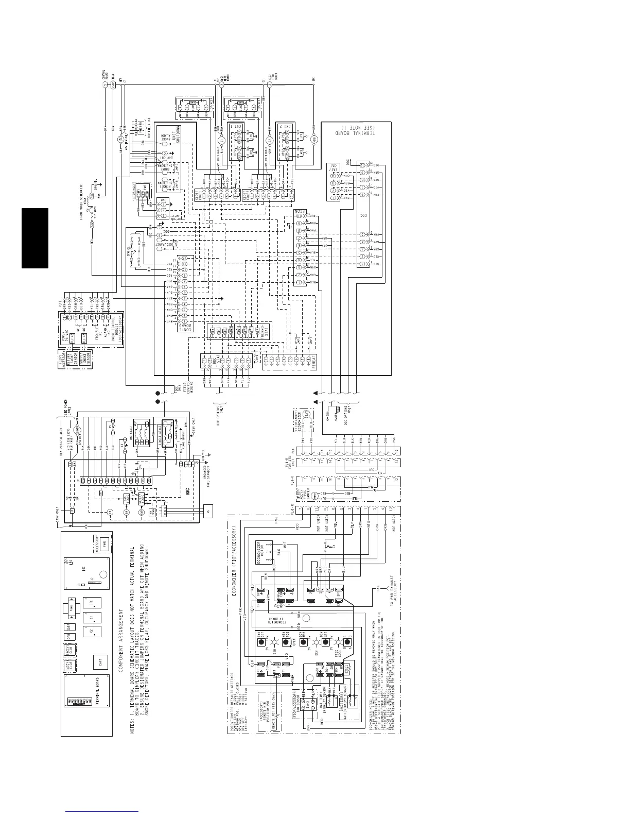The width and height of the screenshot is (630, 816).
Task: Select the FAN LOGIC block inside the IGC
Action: [x=127, y=498]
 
